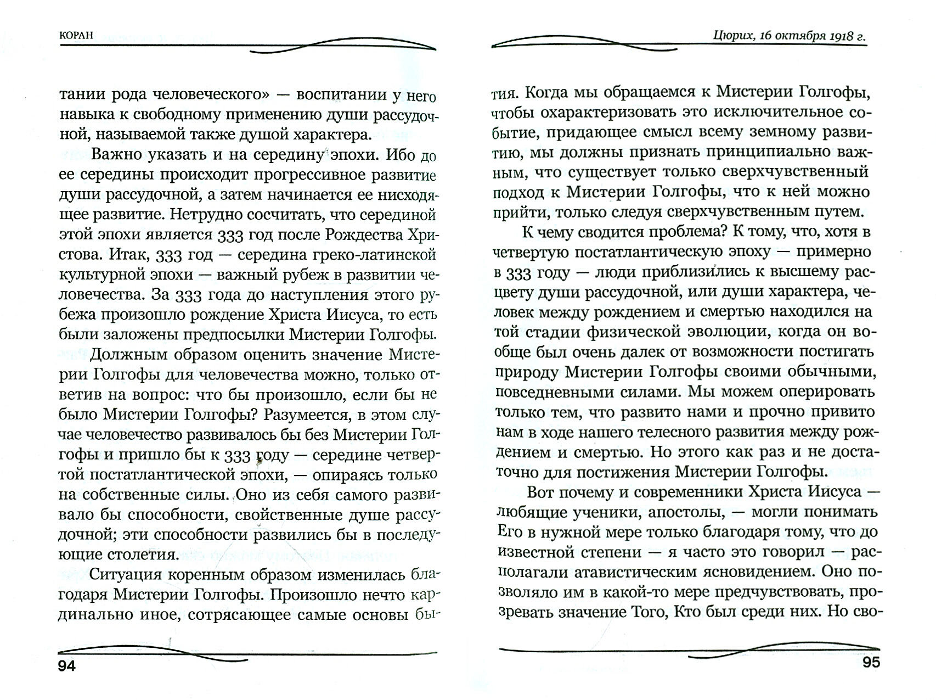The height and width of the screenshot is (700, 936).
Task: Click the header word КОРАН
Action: [x=76, y=34]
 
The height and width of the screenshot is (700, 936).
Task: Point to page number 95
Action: [x=871, y=663]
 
